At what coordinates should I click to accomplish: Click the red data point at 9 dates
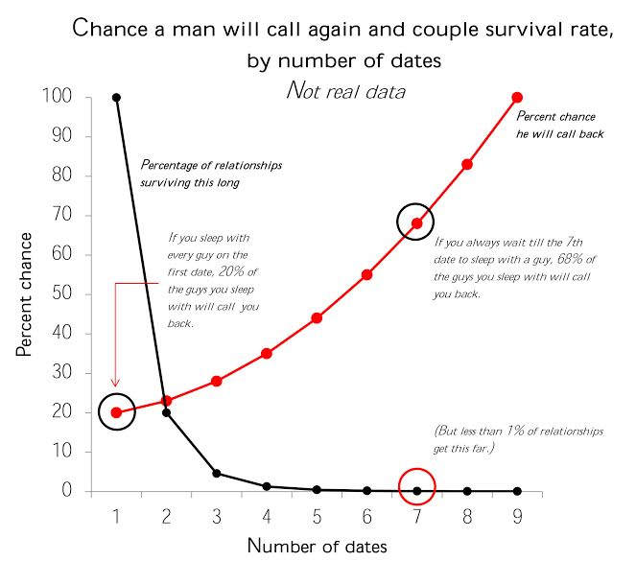517,97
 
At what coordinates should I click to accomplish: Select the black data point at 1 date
117,97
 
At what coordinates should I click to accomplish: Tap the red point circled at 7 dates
417,223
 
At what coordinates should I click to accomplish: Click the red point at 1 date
117,412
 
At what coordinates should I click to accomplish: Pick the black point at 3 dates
217,473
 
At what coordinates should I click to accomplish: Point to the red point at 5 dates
317,317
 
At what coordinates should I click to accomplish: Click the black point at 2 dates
167,412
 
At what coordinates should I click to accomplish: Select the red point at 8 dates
467,164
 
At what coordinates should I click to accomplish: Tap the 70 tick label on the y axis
61,216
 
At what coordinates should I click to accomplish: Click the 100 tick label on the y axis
57,97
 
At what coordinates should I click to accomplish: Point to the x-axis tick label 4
267,518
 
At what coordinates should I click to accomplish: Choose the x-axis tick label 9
517,518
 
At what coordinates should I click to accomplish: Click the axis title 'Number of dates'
318,546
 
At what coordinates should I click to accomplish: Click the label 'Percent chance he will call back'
560,125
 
